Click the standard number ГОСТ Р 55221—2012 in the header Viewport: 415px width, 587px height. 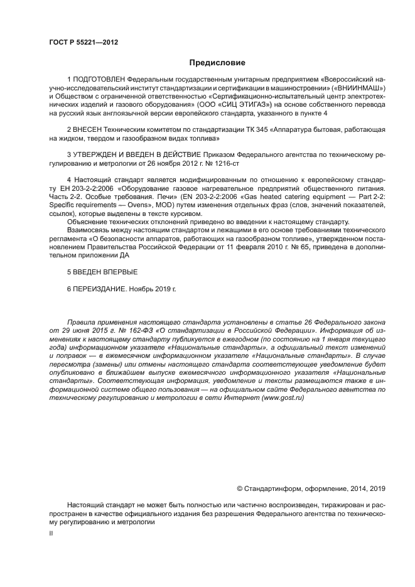pyautogui.click(x=84, y=43)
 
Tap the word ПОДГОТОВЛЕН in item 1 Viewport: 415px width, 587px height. pyautogui.click(x=99, y=81)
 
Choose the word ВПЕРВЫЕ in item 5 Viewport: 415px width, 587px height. pyautogui.click(x=117, y=272)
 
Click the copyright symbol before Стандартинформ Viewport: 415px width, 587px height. pyautogui.click(x=239, y=488)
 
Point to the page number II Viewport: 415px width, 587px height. pyautogui.click(x=51, y=532)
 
